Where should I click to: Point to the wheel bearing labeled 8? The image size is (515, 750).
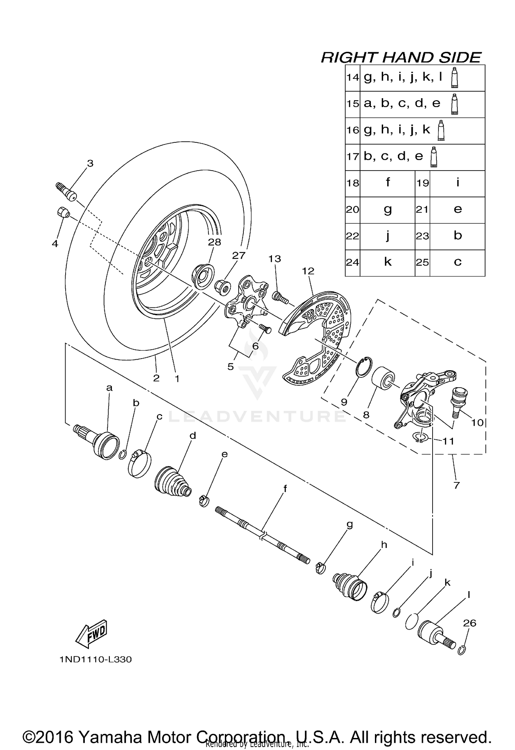point(383,379)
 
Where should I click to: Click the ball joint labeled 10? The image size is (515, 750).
point(458,400)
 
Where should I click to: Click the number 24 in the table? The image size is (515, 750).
point(352,263)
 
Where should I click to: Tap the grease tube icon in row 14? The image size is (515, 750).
point(455,78)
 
